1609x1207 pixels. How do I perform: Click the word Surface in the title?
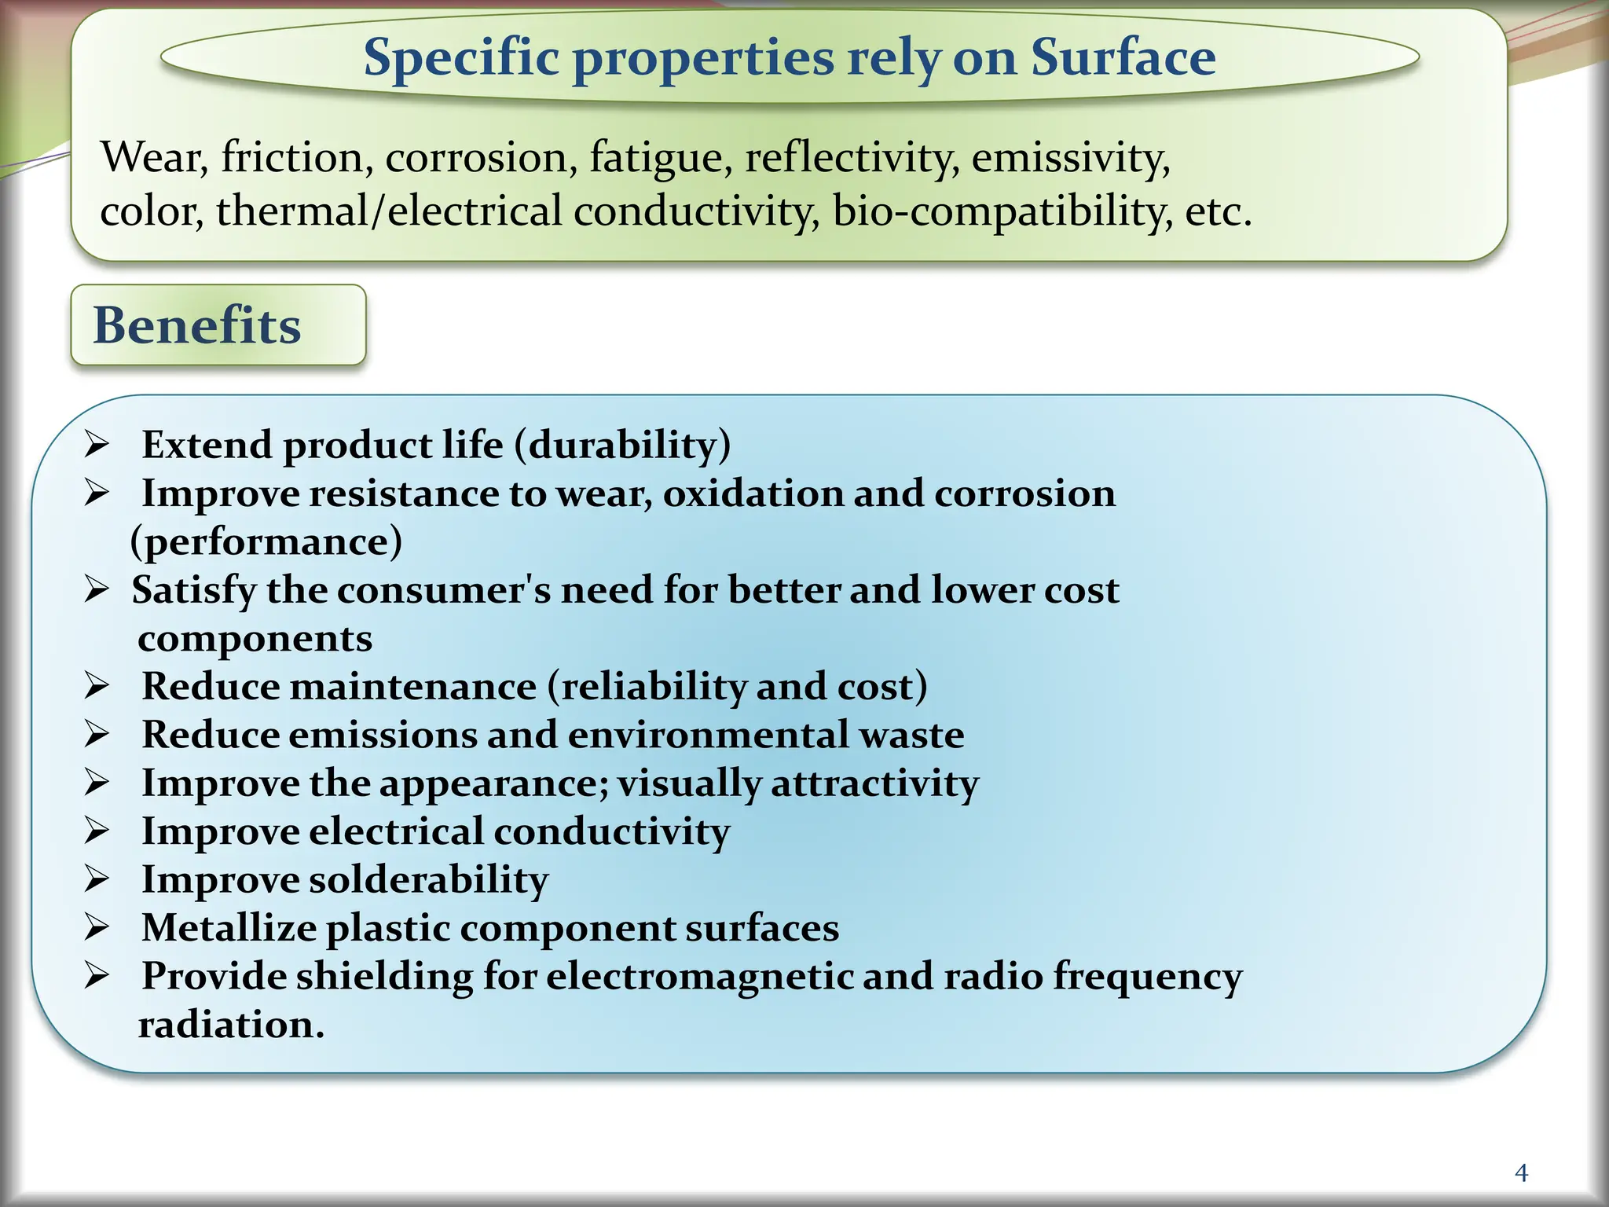[1123, 57]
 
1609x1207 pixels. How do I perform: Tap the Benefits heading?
[197, 325]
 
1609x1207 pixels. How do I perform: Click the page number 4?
[1521, 1173]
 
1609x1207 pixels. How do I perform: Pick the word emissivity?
[1071, 157]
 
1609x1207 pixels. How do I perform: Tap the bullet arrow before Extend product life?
[97, 446]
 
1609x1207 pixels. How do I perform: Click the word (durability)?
[622, 446]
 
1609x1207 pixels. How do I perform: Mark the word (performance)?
[266, 542]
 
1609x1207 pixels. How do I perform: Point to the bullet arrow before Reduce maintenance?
[97, 687]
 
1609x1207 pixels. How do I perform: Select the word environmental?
[707, 736]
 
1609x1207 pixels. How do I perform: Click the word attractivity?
[875, 783]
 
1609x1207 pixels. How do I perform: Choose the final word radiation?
[231, 1025]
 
